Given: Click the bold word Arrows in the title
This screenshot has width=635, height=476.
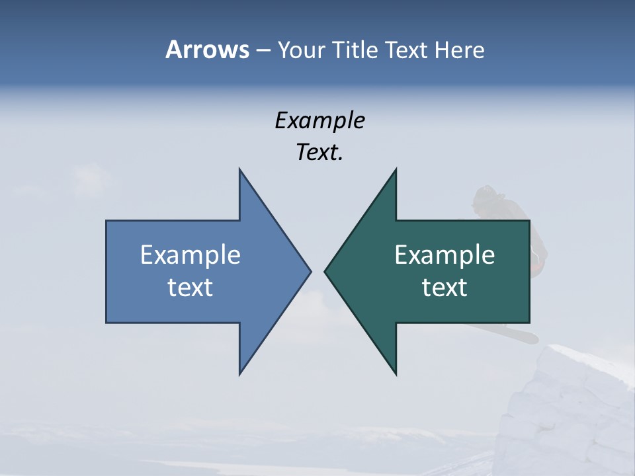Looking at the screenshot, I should point(207,50).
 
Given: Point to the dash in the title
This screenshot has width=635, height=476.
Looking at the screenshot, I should point(263,50).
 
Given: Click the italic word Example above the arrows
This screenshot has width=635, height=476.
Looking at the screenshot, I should point(319,120).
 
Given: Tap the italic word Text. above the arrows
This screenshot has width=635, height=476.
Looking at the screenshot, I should point(319,153).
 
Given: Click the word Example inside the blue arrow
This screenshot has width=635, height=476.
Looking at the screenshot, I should point(190,255).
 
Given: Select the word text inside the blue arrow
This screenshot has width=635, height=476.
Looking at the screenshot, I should point(190,288).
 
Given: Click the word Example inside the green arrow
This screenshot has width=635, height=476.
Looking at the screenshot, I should point(444,255).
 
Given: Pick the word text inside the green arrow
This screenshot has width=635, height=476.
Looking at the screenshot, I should point(444,288).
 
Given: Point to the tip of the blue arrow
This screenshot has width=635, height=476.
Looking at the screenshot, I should point(310,271).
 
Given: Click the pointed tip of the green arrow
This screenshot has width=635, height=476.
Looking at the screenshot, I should point(325,271).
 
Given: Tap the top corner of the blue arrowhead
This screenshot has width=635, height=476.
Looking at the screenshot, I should point(239,169).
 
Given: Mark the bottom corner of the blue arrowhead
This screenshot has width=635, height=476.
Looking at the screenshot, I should point(239,374).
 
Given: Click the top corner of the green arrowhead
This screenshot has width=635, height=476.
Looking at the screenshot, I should point(396,169).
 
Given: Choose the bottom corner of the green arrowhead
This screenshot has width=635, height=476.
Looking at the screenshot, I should point(396,374).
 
